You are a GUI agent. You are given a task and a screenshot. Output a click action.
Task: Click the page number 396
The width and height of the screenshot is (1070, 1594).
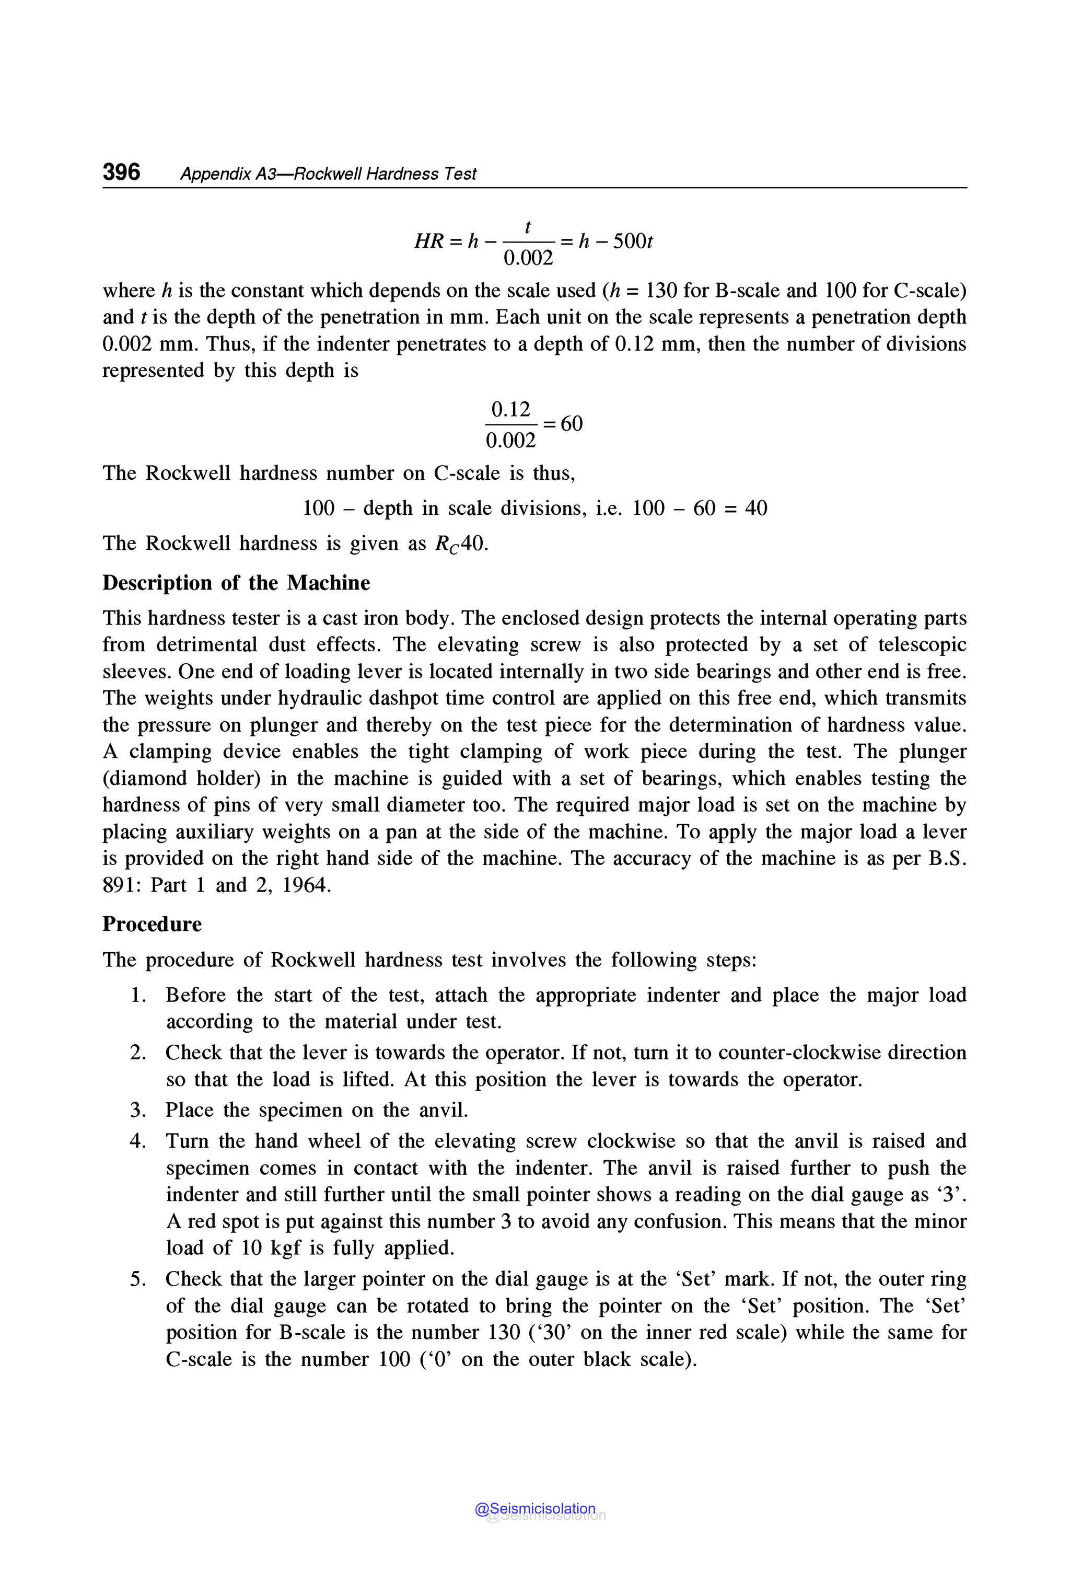click(x=121, y=172)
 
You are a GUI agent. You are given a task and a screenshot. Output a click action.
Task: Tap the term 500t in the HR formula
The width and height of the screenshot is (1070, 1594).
click(x=633, y=241)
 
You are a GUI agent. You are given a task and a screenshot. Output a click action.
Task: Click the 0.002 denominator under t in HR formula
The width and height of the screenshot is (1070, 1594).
click(x=528, y=259)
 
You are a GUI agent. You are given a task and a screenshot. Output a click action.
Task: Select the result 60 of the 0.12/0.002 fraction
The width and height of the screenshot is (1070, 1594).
click(x=571, y=423)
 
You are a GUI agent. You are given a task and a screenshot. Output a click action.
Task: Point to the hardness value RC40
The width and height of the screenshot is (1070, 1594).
click(x=461, y=544)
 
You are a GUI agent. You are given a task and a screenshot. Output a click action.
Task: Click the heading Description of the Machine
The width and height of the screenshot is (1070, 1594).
click(x=236, y=583)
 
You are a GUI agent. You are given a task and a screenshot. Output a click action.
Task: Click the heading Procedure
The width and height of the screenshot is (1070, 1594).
click(x=152, y=925)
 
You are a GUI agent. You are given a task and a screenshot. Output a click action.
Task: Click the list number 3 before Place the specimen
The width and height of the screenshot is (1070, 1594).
click(x=138, y=1110)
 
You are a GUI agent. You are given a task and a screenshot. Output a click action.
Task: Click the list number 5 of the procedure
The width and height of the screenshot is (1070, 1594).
click(x=138, y=1279)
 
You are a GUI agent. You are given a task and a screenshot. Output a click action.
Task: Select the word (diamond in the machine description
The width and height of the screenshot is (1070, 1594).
click(x=144, y=779)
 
